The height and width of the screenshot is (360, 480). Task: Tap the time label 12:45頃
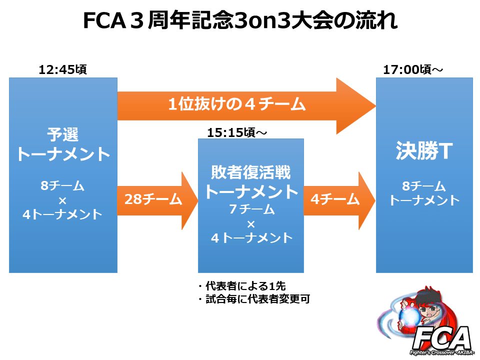(63, 69)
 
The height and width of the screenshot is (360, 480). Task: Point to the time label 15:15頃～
(237, 132)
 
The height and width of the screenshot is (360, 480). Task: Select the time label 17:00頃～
(413, 69)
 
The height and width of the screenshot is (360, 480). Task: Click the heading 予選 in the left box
(63, 134)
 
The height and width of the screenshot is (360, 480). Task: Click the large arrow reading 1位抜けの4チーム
(246, 106)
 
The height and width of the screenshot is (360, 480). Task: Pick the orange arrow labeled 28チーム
(157, 200)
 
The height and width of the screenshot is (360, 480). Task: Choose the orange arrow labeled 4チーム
(339, 200)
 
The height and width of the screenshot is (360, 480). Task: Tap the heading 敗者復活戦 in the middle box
(250, 172)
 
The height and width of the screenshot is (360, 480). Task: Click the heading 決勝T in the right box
(424, 150)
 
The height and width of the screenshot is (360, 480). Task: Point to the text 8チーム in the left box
(62, 185)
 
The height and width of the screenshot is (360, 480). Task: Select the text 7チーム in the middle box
(252, 209)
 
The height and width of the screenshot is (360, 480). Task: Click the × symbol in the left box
(62, 201)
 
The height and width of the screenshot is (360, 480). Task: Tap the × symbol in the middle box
(251, 224)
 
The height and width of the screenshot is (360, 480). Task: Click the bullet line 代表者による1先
(242, 286)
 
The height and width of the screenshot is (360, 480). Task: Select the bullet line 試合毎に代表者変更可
(254, 299)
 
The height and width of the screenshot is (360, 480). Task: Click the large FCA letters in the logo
(441, 338)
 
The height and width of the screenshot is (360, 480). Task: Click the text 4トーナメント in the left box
(62, 214)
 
